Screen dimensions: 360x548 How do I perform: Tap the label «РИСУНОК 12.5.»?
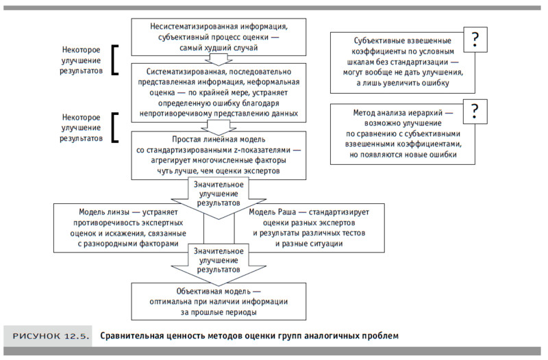coord(47,336)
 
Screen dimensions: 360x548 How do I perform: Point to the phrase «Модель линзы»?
coord(102,211)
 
